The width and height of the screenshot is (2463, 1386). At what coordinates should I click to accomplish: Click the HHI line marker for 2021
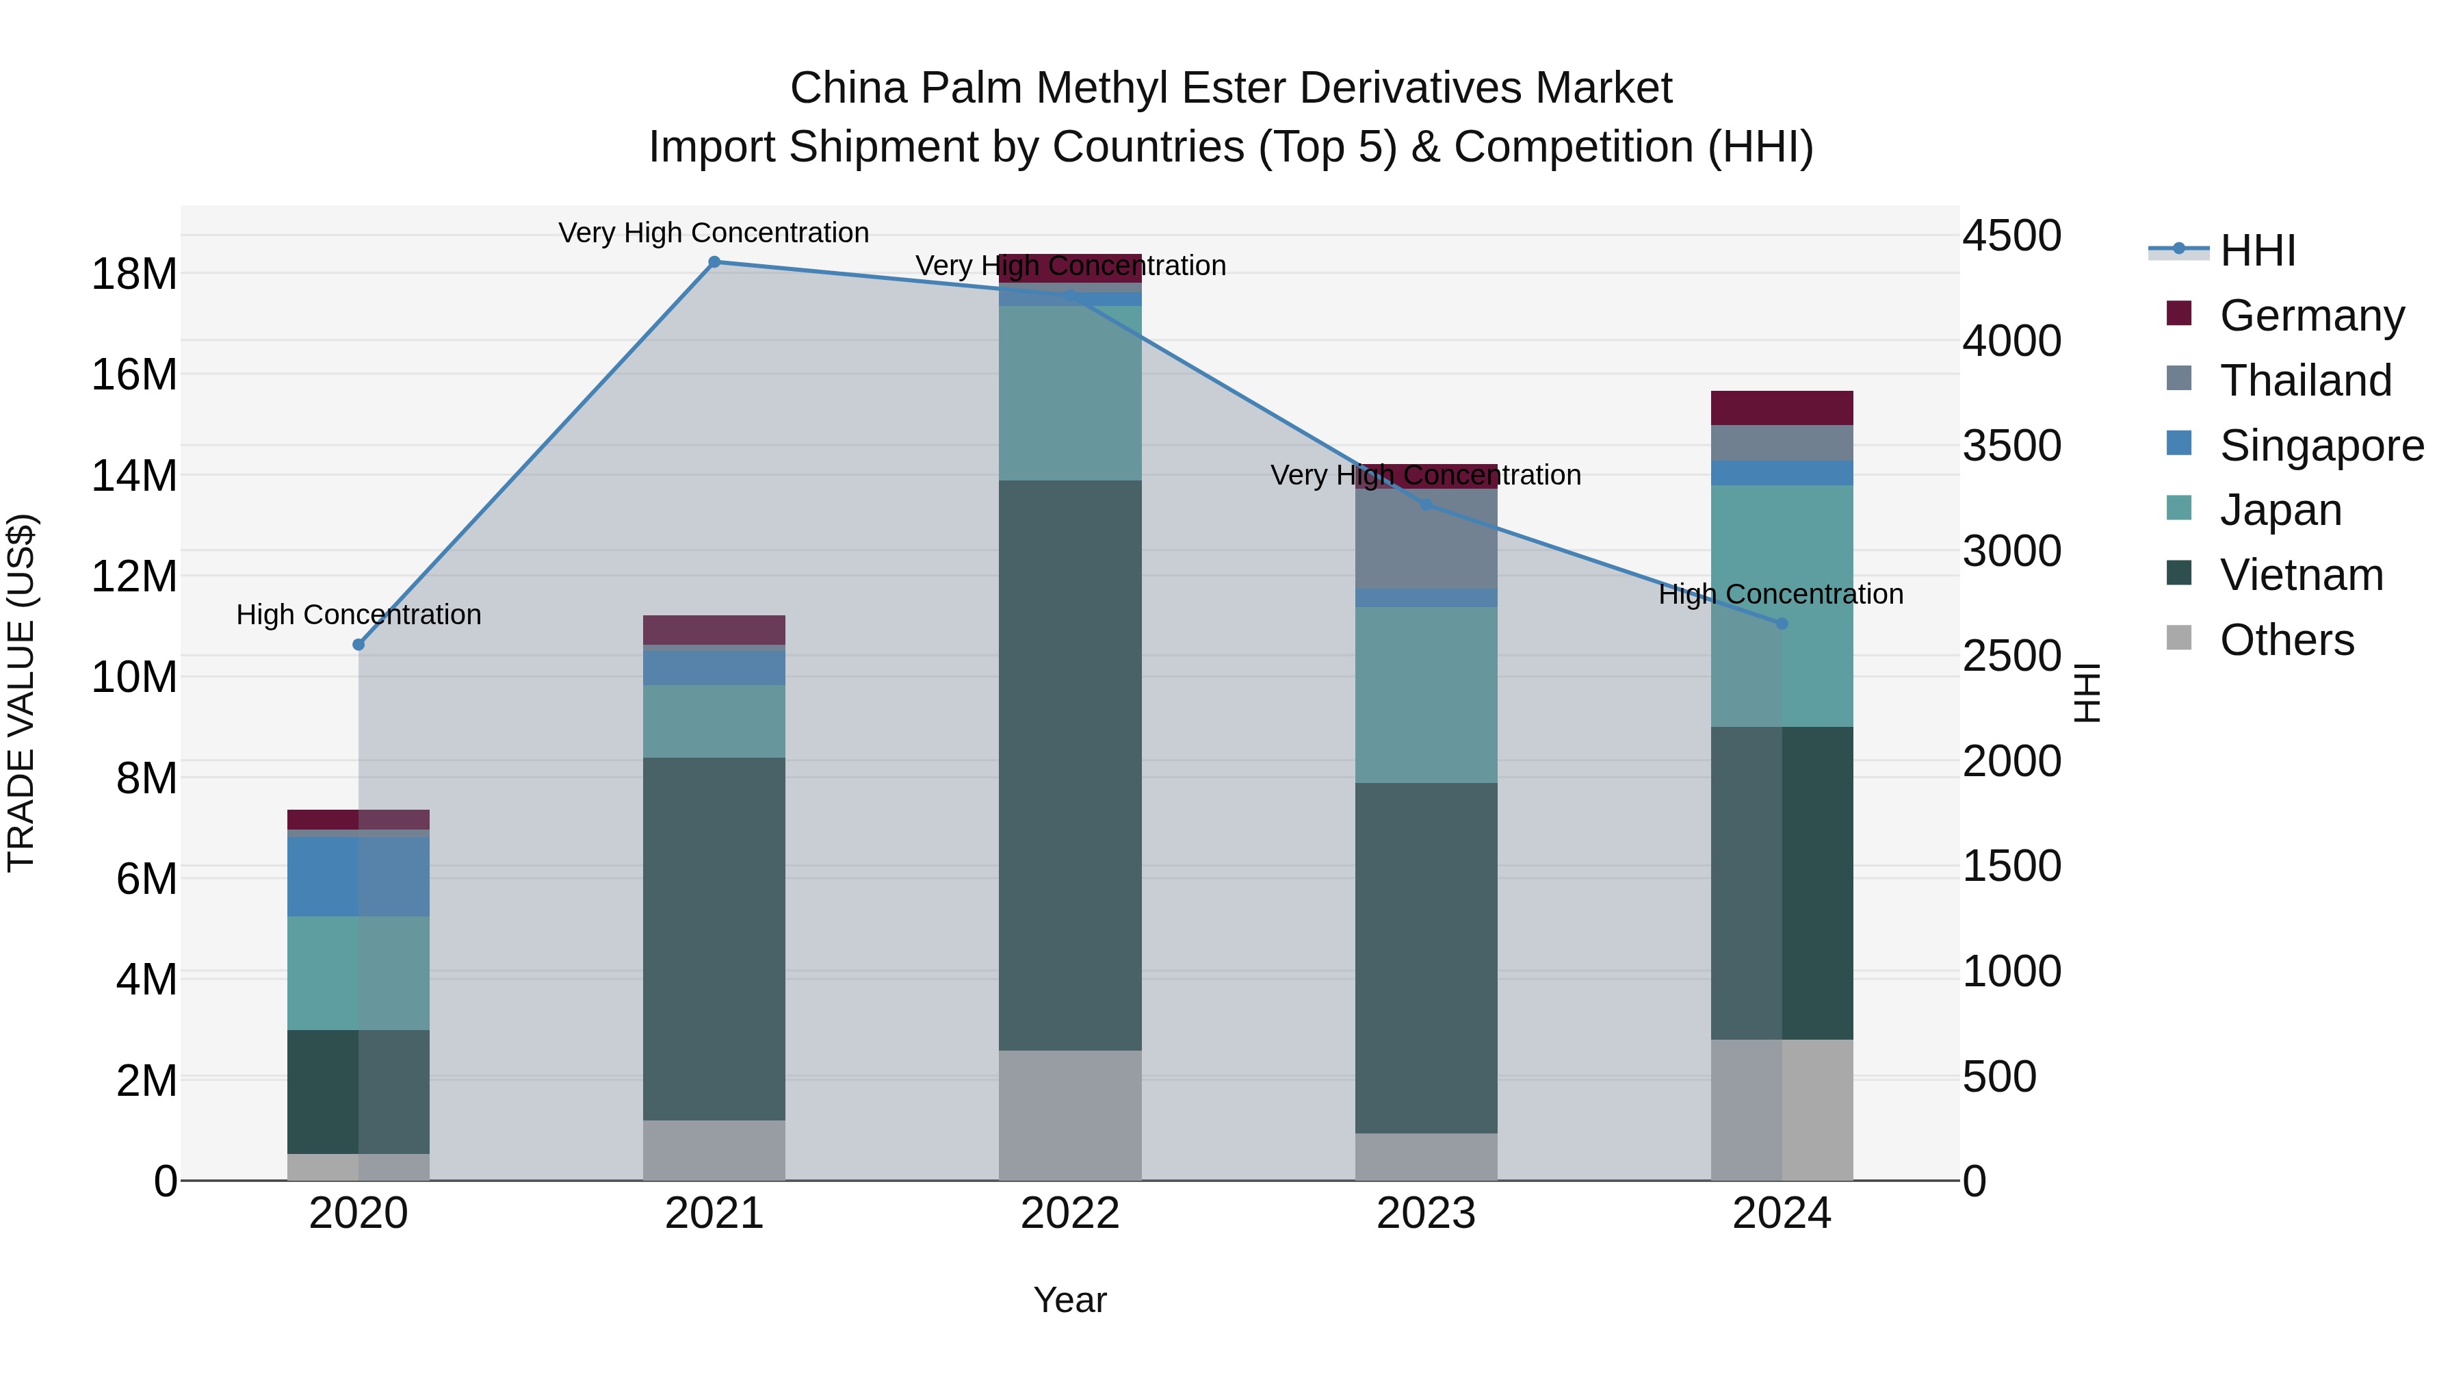click(x=714, y=262)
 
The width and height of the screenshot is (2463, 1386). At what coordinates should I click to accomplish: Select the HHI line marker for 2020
click(x=359, y=645)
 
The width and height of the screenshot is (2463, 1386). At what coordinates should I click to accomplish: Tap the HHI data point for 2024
click(x=1782, y=624)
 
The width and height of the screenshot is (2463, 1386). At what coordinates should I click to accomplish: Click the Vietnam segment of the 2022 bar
click(x=1070, y=765)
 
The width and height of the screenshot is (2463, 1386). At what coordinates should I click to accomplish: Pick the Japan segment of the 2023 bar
click(x=1426, y=695)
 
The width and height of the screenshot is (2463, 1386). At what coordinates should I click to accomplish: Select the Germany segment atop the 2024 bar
click(x=1782, y=407)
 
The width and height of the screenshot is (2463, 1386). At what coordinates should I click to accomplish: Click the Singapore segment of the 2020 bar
click(x=359, y=876)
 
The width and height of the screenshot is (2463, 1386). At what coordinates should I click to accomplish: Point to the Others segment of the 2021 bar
click(x=714, y=1150)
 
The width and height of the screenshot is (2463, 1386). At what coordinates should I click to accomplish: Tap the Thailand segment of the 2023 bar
click(x=1426, y=539)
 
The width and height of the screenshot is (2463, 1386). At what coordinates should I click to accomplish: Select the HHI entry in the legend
click(x=2256, y=251)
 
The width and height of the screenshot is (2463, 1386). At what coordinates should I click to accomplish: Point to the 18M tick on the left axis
click(x=134, y=274)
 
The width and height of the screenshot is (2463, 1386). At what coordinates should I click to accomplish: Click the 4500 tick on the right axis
click(x=2011, y=236)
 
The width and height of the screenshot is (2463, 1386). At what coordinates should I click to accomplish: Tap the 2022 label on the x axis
click(x=1070, y=1214)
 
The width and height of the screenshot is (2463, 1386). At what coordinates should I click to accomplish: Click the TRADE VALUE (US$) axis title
click(x=21, y=693)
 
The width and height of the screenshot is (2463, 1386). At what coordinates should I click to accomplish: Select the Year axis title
click(x=1070, y=1300)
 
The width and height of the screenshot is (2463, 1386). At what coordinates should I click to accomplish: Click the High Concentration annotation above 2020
click(x=359, y=615)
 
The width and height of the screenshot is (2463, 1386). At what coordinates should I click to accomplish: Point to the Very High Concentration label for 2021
click(x=714, y=233)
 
